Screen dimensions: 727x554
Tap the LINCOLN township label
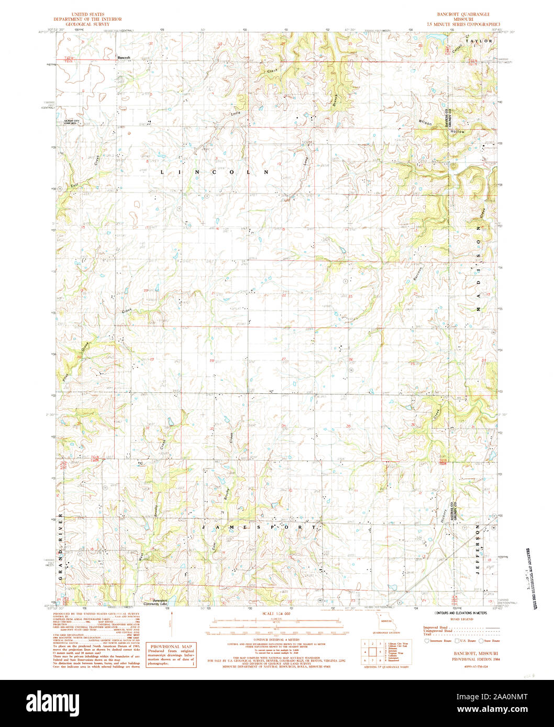coord(214,172)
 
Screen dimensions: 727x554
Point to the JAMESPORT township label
coord(259,528)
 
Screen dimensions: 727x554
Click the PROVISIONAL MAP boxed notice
coord(171,656)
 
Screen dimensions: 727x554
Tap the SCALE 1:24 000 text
coord(276,613)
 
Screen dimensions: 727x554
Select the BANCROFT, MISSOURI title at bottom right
coord(461,654)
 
